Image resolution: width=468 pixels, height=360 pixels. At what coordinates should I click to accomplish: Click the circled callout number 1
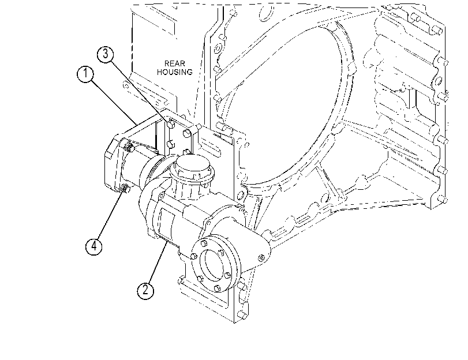click(85, 74)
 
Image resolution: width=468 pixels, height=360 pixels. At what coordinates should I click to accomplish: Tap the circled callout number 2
click(145, 290)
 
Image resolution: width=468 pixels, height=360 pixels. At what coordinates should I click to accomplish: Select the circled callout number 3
click(106, 54)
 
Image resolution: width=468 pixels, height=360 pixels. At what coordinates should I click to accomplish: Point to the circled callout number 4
click(93, 246)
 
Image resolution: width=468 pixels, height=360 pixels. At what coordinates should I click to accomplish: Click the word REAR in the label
click(175, 63)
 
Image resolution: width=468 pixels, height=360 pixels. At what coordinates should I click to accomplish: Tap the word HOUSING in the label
click(175, 72)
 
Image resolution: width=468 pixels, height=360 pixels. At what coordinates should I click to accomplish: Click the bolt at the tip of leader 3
click(171, 123)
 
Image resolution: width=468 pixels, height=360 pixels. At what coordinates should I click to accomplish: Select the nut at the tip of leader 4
click(126, 189)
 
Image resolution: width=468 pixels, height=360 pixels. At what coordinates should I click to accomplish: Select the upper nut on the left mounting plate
click(129, 146)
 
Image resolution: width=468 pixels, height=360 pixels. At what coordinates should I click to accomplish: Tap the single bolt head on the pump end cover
click(262, 257)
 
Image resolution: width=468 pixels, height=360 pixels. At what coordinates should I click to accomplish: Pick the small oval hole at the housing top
click(266, 13)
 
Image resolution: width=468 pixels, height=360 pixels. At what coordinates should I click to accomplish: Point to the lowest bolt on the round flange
click(217, 288)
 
